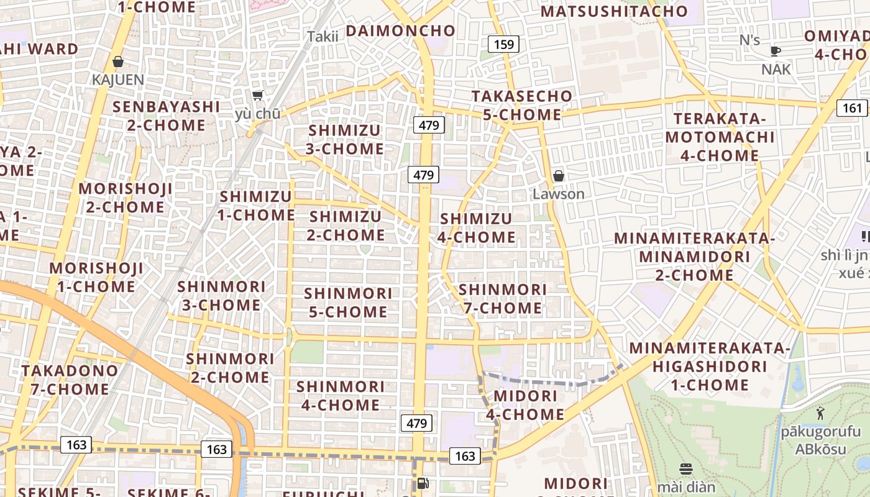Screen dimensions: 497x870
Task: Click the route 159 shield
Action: tap(503, 44)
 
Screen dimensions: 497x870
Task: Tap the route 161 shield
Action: tap(852, 108)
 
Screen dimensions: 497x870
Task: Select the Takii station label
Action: tap(323, 37)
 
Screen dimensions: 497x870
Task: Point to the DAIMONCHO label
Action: tap(400, 30)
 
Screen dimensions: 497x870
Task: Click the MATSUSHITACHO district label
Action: tap(614, 11)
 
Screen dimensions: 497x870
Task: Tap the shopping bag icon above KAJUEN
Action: tap(118, 62)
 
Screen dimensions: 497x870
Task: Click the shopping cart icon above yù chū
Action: tap(258, 95)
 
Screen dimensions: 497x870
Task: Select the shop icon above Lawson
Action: tap(559, 176)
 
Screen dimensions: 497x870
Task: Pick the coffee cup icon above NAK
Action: tap(775, 51)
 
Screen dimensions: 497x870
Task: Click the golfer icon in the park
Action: tap(820, 413)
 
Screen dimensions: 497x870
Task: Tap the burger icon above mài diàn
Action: tap(686, 468)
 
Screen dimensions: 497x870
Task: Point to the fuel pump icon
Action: tap(423, 482)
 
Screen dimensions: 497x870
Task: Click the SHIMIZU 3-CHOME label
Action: tap(346, 140)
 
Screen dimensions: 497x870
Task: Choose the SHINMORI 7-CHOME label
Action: tap(502, 299)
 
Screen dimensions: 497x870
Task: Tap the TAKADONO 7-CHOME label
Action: tap(69, 380)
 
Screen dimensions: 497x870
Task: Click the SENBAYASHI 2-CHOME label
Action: tap(166, 116)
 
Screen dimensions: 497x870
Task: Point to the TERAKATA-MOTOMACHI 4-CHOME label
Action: tap(720, 137)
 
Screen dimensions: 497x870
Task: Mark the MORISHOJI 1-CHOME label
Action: tap(96, 277)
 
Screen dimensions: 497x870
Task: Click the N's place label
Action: tap(749, 40)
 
